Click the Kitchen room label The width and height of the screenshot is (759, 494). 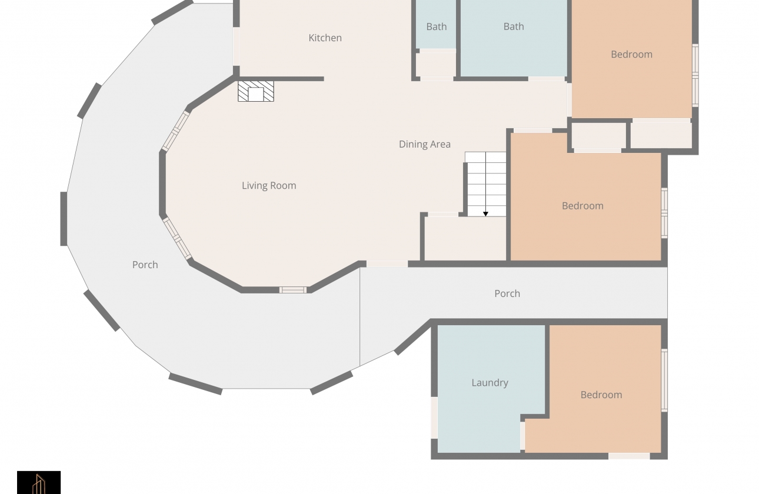pyautogui.click(x=325, y=38)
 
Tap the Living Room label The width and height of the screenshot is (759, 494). pyautogui.click(x=269, y=186)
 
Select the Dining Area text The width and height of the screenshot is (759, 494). pyautogui.click(x=425, y=145)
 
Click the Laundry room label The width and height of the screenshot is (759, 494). pyautogui.click(x=490, y=383)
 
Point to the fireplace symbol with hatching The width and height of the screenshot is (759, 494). pyautogui.click(x=256, y=91)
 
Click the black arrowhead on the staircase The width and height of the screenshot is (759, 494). pyautogui.click(x=485, y=214)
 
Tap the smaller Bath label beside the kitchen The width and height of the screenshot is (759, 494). pyautogui.click(x=437, y=26)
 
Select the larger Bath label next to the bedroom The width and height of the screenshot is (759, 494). pyautogui.click(x=514, y=26)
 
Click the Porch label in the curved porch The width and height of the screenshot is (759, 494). pyautogui.click(x=145, y=265)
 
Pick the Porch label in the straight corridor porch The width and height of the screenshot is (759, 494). pyautogui.click(x=507, y=293)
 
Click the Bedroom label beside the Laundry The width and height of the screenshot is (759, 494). pyautogui.click(x=601, y=395)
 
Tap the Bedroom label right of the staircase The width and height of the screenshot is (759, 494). pyautogui.click(x=583, y=206)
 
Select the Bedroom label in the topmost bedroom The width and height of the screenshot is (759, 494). pyautogui.click(x=631, y=55)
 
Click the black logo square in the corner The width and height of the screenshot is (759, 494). pyautogui.click(x=39, y=482)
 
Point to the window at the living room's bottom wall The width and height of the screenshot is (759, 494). pyautogui.click(x=293, y=290)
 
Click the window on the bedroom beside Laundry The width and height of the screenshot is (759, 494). pyautogui.click(x=664, y=380)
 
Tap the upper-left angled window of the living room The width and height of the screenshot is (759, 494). pyautogui.click(x=175, y=131)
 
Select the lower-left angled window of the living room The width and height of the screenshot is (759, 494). pyautogui.click(x=177, y=239)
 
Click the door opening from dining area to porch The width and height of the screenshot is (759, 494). pyautogui.click(x=387, y=264)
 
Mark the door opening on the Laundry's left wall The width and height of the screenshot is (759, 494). pyautogui.click(x=434, y=418)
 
